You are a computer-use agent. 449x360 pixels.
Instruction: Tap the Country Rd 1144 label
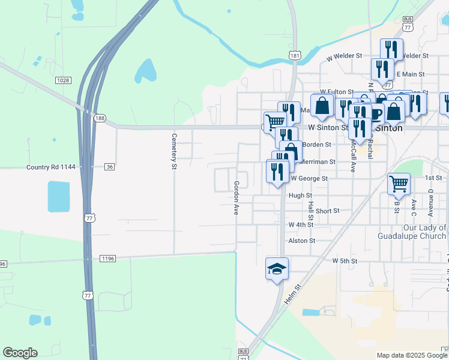[x=51, y=166]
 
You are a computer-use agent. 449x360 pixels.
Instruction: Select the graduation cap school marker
[x=278, y=268]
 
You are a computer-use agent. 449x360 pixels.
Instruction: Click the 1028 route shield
[x=62, y=80]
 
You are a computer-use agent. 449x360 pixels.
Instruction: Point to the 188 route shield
[x=100, y=118]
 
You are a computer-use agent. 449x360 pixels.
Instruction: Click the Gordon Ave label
[x=237, y=198]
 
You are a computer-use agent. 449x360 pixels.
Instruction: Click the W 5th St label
[x=345, y=261]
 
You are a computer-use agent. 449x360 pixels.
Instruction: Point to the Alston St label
[x=301, y=241]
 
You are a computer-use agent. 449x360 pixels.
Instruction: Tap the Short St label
[x=328, y=211]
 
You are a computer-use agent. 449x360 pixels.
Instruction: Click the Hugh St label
[x=300, y=196]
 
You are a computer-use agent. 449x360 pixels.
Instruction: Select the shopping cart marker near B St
[x=399, y=184]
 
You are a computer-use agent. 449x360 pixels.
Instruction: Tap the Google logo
[x=20, y=352]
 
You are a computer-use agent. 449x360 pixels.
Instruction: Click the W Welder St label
[x=344, y=56]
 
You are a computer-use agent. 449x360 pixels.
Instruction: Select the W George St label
[x=309, y=178]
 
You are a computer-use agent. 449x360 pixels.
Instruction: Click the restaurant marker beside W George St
[x=277, y=172]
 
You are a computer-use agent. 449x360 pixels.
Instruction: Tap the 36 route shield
[x=109, y=166]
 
